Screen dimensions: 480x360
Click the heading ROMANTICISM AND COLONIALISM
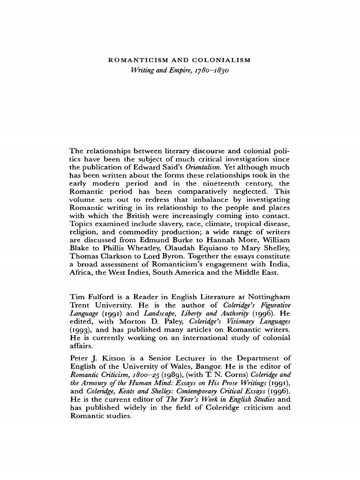tap(180, 60)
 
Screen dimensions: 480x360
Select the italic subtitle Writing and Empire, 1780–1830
tap(180, 71)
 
